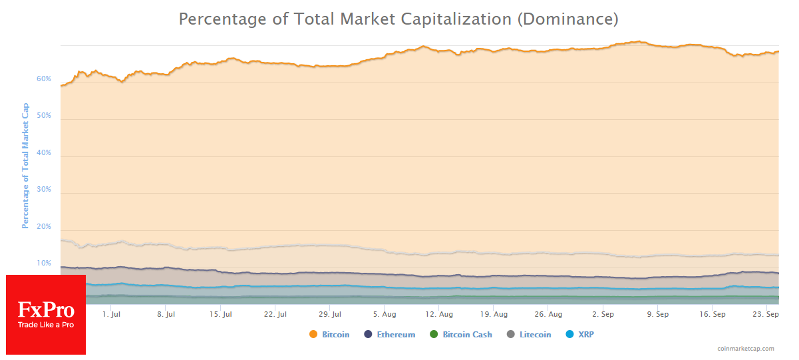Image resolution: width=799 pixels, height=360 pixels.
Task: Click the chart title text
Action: [399, 19]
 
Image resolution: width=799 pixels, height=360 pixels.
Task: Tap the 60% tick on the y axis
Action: [44, 79]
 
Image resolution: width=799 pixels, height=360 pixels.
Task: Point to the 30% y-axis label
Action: [44, 190]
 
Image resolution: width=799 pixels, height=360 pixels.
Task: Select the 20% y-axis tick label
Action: [44, 227]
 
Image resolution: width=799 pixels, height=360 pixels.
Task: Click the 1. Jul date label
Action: [111, 314]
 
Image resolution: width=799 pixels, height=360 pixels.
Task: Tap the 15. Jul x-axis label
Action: [220, 314]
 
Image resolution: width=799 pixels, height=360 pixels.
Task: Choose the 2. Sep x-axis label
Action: [603, 314]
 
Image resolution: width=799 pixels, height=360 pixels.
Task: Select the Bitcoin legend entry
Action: [335, 335]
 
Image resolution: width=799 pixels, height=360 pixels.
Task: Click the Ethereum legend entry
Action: [395, 335]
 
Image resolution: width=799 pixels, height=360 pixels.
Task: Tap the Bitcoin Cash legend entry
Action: [467, 335]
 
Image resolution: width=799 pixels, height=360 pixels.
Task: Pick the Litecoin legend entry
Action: [535, 335]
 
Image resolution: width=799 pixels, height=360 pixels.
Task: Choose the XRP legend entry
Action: [585, 335]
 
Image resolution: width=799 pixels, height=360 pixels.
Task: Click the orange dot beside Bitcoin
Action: [313, 335]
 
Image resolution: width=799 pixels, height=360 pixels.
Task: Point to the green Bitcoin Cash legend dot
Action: [434, 335]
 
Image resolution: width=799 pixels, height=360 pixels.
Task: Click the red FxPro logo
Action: [46, 315]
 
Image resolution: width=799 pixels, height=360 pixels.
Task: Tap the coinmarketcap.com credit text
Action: [746, 349]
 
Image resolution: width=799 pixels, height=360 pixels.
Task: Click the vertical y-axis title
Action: [25, 166]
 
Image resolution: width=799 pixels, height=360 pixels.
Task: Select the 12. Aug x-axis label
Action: [439, 314]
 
